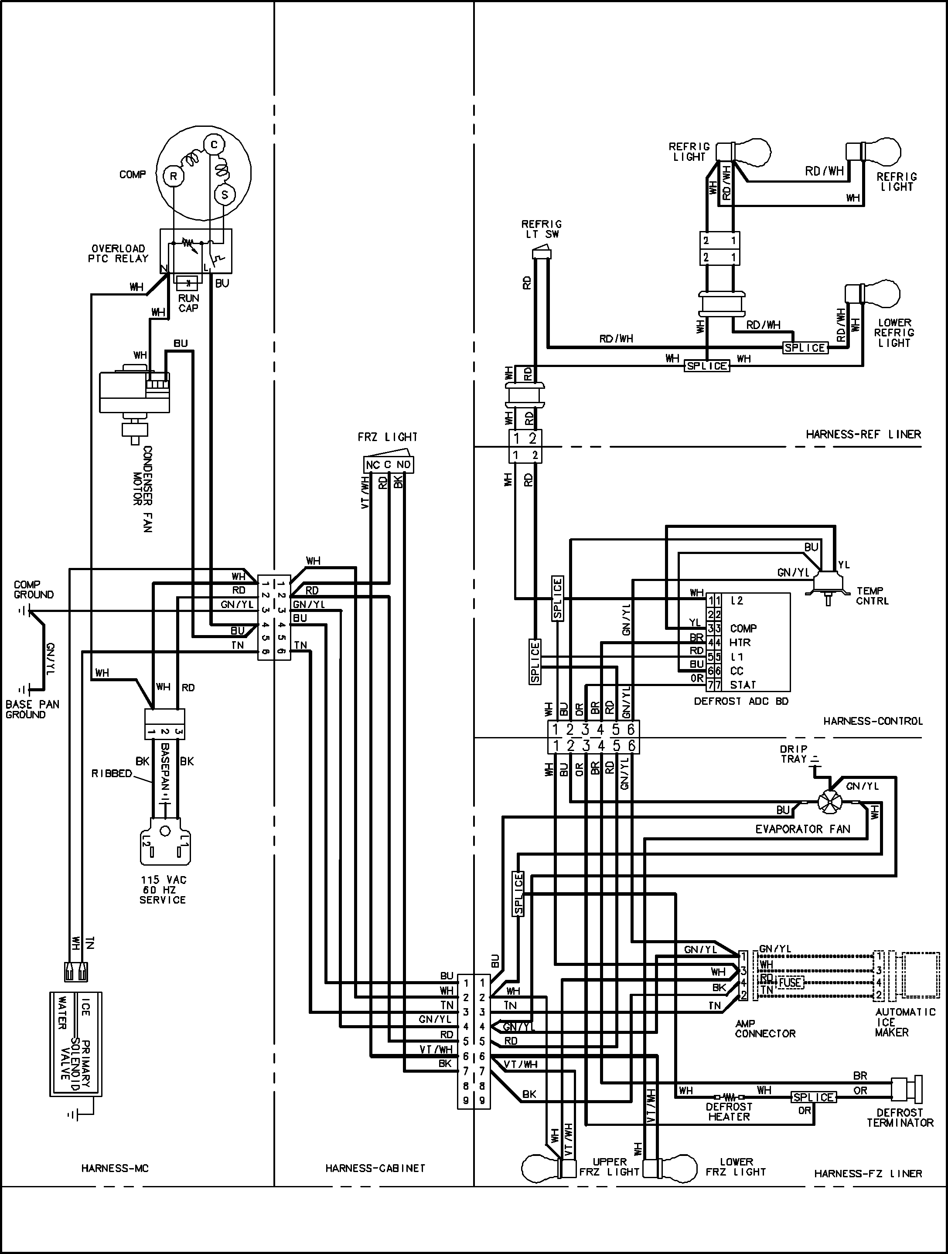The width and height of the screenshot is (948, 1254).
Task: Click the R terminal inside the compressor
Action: (174, 176)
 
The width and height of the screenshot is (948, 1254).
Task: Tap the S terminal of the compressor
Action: (224, 195)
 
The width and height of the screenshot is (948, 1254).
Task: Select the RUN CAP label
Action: (188, 303)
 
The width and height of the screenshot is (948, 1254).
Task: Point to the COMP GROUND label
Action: (34, 590)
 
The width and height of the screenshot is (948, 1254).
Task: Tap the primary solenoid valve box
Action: (75, 1043)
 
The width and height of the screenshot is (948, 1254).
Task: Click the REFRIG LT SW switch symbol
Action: (541, 253)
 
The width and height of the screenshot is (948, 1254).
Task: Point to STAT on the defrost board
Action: (743, 685)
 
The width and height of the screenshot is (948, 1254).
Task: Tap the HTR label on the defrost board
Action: (740, 642)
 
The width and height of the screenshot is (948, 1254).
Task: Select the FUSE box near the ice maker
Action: (790, 982)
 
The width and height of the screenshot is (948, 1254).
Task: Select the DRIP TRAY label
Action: (794, 754)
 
